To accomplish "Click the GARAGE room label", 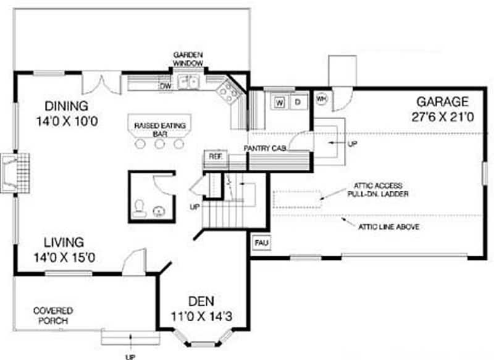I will tap(442, 101).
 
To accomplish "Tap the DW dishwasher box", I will tap(165, 86).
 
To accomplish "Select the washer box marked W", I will tap(280, 102).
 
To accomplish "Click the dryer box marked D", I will tap(296, 102).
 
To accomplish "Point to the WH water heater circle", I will tap(321, 99).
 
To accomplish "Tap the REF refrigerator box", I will tap(214, 156).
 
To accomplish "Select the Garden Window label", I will tap(188, 59).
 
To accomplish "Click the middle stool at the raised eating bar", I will tap(160, 144).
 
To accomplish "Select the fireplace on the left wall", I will tap(12, 172).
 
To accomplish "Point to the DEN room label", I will tap(201, 302).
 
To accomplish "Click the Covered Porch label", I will tap(53, 316).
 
